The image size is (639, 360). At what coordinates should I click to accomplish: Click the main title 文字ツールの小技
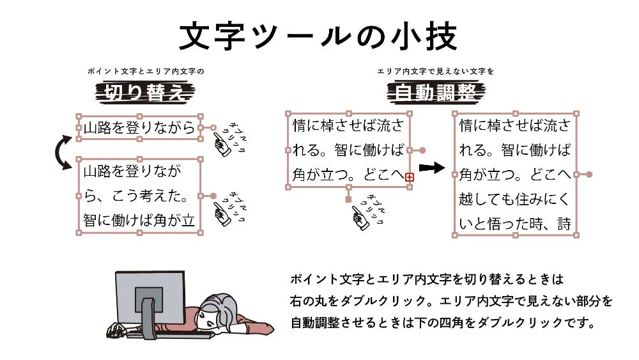click(318, 36)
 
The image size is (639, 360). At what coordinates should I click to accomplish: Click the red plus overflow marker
click(410, 176)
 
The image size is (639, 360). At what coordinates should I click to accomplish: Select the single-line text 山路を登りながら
click(139, 129)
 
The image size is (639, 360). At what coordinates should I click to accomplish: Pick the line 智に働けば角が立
click(139, 219)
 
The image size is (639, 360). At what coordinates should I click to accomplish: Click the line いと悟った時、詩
click(514, 223)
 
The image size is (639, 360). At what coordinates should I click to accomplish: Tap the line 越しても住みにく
click(514, 199)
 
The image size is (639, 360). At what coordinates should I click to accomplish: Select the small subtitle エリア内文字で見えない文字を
click(435, 72)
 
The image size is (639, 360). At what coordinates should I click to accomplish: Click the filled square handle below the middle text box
click(348, 200)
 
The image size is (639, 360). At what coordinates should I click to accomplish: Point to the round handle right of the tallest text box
click(589, 174)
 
